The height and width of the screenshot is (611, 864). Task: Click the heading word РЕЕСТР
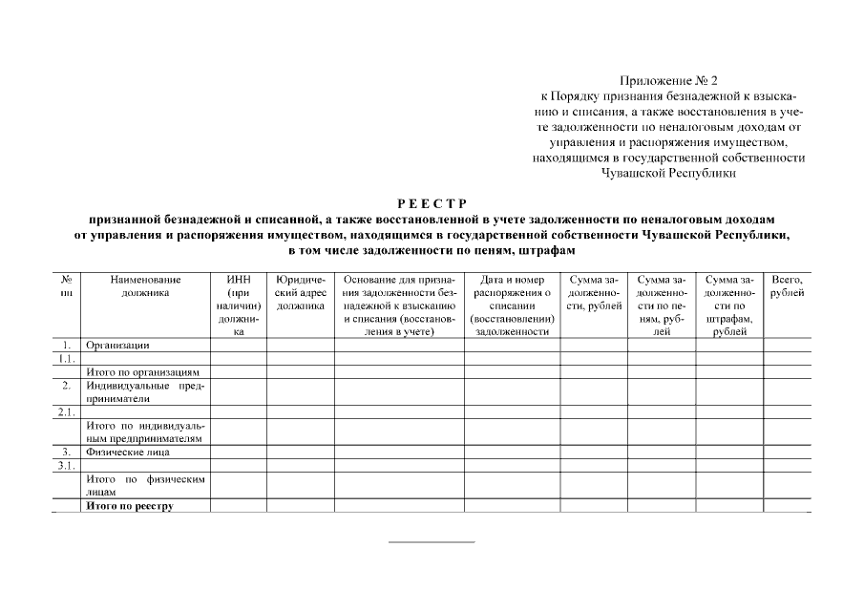pos(432,203)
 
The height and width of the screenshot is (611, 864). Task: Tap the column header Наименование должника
pos(145,286)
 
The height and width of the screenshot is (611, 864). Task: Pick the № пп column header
pos(67,286)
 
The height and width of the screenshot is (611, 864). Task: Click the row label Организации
pos(118,345)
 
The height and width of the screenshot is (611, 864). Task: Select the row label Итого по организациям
pos(142,371)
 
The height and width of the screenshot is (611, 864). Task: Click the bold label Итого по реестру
pos(130,506)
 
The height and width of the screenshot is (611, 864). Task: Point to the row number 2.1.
pos(66,411)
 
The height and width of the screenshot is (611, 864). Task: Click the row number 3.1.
pos(66,465)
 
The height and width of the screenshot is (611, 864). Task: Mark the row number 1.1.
pos(66,358)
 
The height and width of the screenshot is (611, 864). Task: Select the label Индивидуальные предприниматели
pos(145,391)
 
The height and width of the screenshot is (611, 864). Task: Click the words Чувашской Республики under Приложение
pos(668,173)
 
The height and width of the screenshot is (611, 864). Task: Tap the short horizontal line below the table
pos(431,542)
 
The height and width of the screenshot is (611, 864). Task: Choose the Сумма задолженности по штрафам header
pos(729,305)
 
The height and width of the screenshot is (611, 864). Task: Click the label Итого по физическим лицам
pos(145,485)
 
